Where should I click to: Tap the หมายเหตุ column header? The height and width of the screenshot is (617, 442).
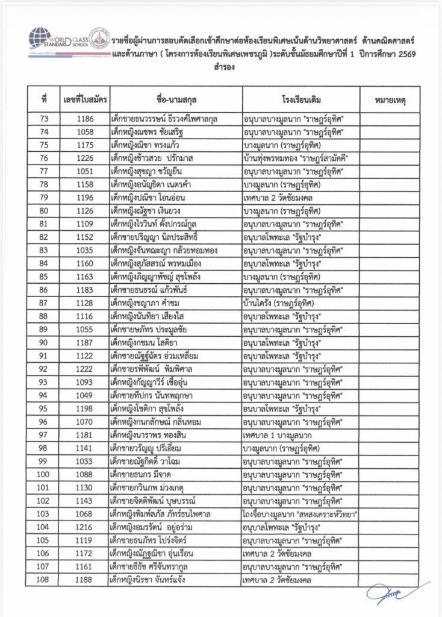[388, 98]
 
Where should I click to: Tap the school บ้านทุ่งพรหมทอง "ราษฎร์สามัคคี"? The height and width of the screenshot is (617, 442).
[296, 158]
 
